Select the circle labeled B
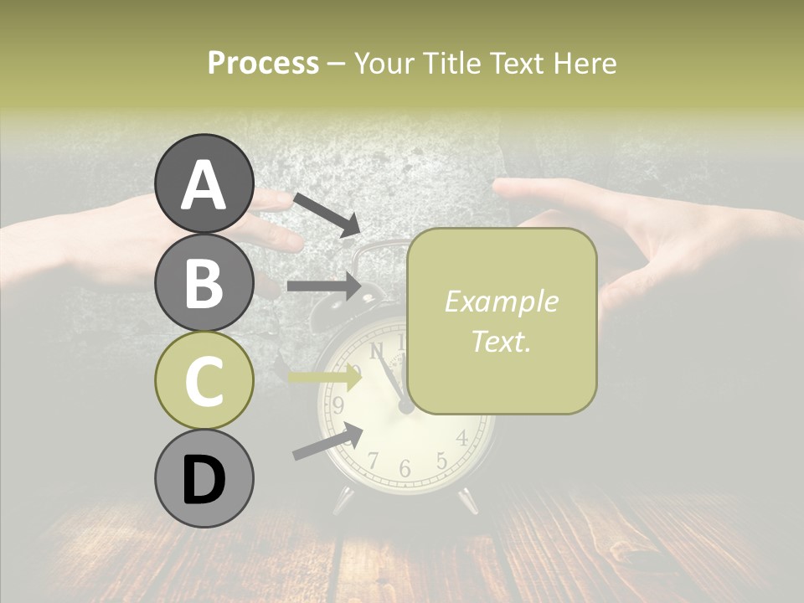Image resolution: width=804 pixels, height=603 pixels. (204, 282)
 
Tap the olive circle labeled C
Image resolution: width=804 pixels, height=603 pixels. (204, 380)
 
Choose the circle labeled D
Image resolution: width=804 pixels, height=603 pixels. (204, 478)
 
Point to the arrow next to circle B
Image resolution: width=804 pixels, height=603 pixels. (324, 286)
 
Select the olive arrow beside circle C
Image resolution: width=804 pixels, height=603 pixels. (325, 378)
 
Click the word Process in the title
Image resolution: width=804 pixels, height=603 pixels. (263, 63)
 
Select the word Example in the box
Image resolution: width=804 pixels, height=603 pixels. (501, 301)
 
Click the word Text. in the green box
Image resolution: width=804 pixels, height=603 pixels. (501, 341)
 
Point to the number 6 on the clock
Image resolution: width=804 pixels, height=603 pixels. (405, 468)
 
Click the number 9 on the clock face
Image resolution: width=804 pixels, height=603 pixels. (338, 406)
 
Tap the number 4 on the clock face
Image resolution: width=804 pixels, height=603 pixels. (461, 437)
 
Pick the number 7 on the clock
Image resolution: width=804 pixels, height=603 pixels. (374, 459)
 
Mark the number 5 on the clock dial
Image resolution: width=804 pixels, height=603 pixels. (441, 460)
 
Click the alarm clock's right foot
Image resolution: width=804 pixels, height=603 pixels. (467, 500)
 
